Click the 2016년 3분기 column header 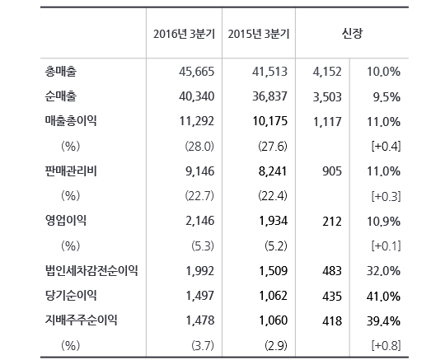tap(184, 34)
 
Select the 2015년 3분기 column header tap(259, 34)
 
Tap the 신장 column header tap(352, 34)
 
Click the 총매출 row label tap(61, 71)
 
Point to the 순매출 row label tap(61, 96)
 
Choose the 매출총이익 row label tap(71, 121)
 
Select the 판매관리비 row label tap(71, 171)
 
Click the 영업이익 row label tap(66, 221)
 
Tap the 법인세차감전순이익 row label tap(91, 270)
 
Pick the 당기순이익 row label tap(71, 295)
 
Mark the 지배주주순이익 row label tap(81, 320)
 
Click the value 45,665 tap(196, 72)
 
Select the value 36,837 tap(270, 96)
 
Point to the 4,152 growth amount tap(327, 72)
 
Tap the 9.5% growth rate tap(386, 97)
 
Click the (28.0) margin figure tap(199, 147)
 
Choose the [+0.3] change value tap(386, 196)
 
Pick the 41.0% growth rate tap(383, 297)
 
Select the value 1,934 tap(274, 221)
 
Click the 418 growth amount tap(332, 320)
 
